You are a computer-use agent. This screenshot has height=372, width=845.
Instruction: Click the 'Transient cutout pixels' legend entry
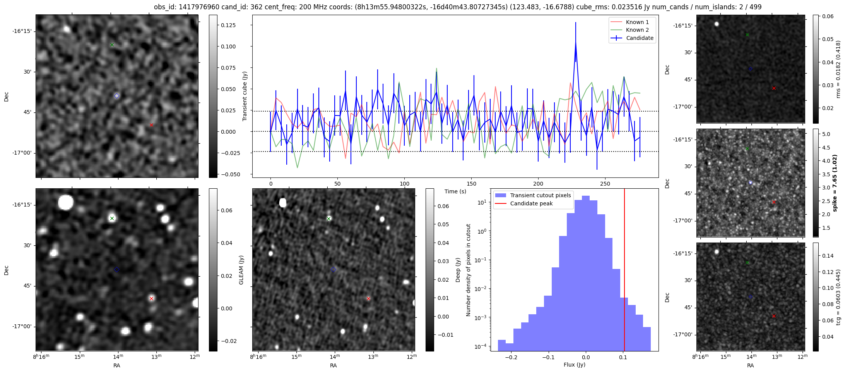540,195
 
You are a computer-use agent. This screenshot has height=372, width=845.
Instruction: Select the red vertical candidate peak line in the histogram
624,271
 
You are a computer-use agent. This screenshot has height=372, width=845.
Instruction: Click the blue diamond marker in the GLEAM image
116,269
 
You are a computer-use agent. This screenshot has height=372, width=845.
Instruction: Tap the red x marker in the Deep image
368,298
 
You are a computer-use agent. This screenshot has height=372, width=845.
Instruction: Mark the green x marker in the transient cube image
112,45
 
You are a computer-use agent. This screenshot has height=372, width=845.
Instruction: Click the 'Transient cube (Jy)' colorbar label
245,96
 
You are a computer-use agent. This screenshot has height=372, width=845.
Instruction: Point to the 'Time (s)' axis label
455,191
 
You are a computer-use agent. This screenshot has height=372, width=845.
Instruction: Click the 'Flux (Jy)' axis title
574,365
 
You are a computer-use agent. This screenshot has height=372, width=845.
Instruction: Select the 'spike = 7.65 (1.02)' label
835,183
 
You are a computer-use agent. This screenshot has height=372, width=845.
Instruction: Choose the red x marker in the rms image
774,88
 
